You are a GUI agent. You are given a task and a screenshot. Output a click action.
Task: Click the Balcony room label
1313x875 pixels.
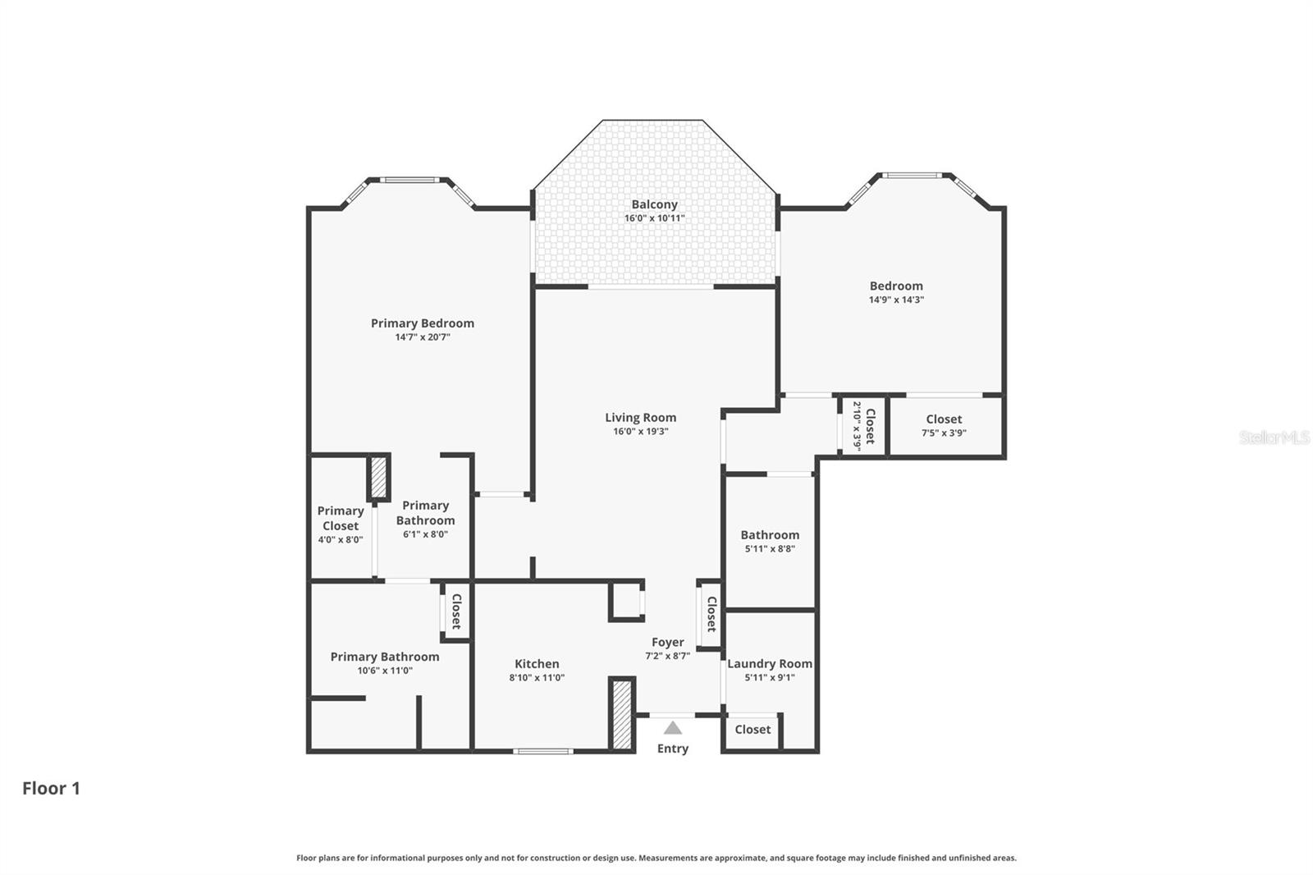point(654,204)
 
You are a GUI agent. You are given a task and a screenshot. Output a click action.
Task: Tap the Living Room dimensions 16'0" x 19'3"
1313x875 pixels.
point(641,431)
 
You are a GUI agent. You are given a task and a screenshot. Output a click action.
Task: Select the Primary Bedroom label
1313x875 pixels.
point(422,323)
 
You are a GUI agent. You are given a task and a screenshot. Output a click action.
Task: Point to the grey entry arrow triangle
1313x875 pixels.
point(673,728)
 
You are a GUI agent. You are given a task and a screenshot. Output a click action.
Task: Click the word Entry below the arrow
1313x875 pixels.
point(673,749)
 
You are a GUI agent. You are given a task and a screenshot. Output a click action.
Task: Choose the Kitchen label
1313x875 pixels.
point(537,664)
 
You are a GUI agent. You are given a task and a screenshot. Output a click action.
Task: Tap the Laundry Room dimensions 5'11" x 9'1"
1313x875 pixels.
point(770,678)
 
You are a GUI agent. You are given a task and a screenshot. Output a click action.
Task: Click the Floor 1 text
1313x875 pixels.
point(51,788)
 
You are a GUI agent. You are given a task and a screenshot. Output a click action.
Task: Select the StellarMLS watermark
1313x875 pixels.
point(1274,438)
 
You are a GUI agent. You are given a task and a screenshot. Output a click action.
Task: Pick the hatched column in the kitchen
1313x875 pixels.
point(622,713)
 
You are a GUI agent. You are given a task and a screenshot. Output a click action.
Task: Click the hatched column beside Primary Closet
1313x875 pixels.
point(378,477)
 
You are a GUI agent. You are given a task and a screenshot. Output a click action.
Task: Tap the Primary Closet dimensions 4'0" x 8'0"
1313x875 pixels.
point(341,540)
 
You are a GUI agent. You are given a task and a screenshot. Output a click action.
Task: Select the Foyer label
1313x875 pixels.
point(667,643)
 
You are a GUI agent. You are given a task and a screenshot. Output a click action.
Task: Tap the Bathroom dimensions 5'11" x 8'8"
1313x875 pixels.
point(770,549)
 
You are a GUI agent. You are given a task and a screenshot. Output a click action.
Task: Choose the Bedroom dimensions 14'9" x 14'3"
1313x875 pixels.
point(896,300)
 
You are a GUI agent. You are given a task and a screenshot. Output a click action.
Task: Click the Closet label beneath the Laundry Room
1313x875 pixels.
point(753,730)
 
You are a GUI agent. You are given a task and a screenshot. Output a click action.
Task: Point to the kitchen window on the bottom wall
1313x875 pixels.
point(542,750)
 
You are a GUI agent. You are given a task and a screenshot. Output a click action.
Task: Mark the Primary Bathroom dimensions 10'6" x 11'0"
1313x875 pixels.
point(385,671)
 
